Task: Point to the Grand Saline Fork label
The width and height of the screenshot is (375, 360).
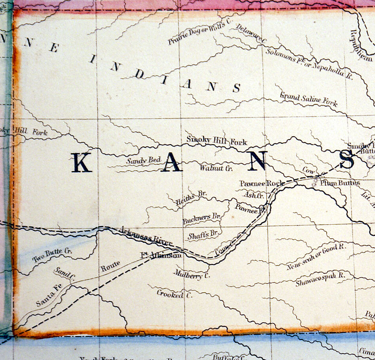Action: pyautogui.click(x=308, y=99)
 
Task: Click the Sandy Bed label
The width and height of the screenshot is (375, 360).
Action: pyautogui.click(x=143, y=161)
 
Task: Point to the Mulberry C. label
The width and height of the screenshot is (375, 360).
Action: pyautogui.click(x=191, y=274)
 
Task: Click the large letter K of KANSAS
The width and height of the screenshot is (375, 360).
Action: pyautogui.click(x=81, y=163)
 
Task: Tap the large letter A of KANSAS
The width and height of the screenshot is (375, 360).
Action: pyautogui.click(x=171, y=163)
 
